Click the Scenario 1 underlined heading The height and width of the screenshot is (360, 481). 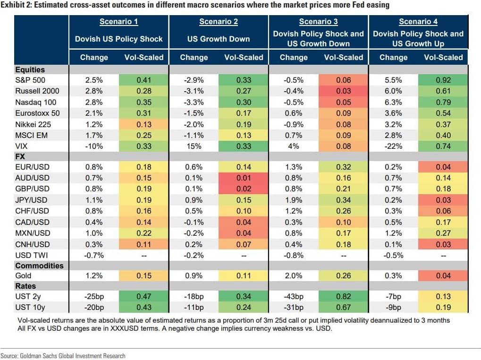pos(119,22)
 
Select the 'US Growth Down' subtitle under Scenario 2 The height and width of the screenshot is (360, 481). pos(219,39)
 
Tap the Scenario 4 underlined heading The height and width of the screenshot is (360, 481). pos(418,22)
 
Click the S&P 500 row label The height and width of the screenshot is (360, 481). pos(30,80)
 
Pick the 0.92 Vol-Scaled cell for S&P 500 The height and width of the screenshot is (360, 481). pos(443,80)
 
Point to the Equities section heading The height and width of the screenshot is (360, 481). pos(30,69)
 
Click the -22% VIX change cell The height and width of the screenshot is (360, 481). pos(393,146)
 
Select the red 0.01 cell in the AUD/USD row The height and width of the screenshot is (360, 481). pos(244,178)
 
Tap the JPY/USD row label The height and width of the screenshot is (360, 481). pos(31,200)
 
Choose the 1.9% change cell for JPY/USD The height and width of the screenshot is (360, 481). pos(294,200)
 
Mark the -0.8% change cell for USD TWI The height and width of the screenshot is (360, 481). pos(294,255)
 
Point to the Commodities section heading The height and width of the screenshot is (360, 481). pos(39,266)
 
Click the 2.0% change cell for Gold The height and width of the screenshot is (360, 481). pos(294,275)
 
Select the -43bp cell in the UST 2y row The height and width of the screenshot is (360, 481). pos(294,297)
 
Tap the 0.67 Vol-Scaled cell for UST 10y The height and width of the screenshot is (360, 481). pos(343,307)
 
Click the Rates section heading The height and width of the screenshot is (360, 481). pos(25,286)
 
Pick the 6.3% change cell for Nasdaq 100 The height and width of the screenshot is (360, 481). pos(393,102)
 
